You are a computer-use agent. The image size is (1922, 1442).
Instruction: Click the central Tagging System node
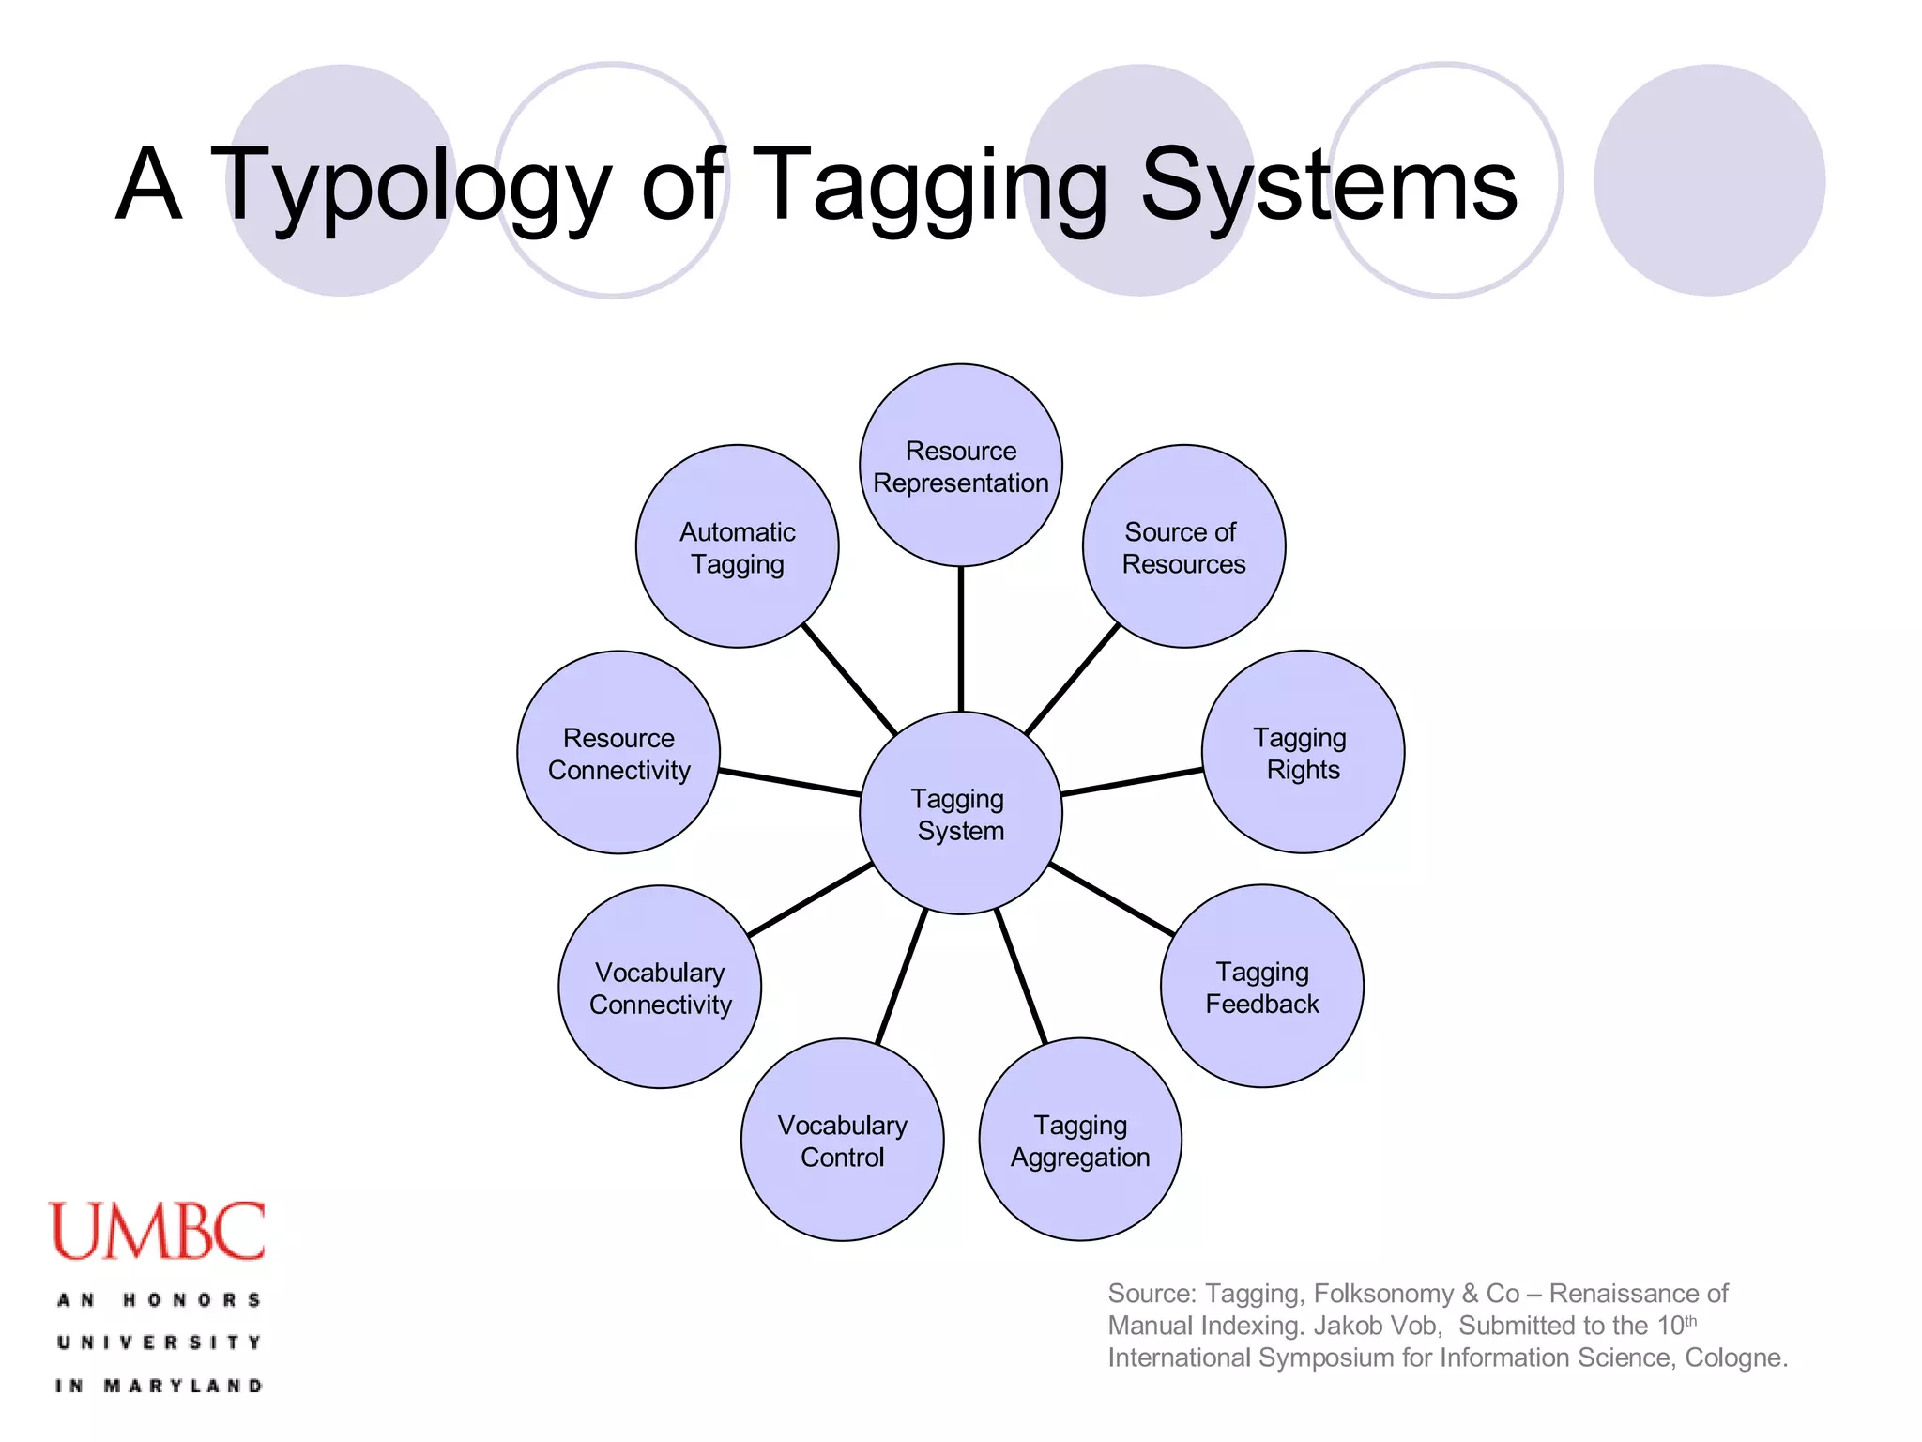[x=960, y=813]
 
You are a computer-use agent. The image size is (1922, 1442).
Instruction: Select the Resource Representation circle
[x=960, y=466]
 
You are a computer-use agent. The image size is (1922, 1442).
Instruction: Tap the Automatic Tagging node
[x=737, y=546]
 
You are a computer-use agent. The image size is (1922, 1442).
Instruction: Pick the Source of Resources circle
[x=1183, y=546]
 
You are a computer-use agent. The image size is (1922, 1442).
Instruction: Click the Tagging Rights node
[x=1303, y=752]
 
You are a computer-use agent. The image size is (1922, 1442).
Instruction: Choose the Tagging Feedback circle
[x=1261, y=987]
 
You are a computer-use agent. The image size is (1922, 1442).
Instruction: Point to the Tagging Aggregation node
[x=1079, y=1140]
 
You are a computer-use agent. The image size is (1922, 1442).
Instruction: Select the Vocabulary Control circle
[x=842, y=1140]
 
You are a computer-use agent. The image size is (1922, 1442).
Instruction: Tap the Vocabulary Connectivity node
[x=660, y=987]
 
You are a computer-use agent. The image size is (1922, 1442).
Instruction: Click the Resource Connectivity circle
[x=618, y=752]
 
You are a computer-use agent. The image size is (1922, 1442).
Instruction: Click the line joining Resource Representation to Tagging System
[x=960, y=638]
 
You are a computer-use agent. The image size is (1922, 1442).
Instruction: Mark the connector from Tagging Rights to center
[x=1132, y=782]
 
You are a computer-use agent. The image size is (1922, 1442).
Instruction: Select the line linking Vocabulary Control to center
[x=901, y=976]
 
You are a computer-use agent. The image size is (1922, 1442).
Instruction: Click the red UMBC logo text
[x=157, y=1232]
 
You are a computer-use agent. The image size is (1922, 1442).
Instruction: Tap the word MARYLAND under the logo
[x=182, y=1386]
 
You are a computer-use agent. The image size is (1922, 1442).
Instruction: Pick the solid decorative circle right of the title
[x=1709, y=180]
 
